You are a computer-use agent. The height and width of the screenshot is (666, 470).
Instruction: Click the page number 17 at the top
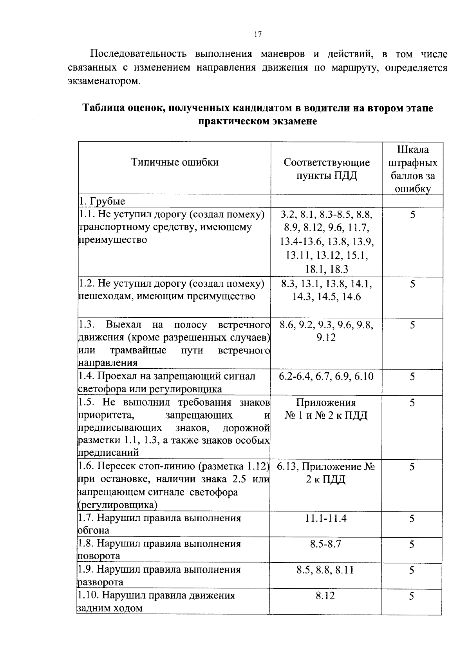click(257, 34)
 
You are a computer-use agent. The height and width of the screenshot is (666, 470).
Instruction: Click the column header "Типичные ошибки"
click(175, 162)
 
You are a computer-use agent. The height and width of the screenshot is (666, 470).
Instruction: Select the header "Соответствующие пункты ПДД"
click(327, 169)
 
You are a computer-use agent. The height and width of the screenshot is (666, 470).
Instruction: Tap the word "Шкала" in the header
click(413, 149)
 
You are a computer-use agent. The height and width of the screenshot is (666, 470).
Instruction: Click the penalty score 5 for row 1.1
click(412, 215)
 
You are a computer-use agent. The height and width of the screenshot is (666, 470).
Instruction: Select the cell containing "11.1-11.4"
click(326, 518)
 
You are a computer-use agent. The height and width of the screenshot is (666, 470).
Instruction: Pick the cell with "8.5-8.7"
click(326, 544)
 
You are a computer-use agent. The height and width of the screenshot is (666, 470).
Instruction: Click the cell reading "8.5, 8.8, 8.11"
click(326, 570)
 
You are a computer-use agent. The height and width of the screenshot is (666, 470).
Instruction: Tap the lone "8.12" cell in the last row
click(325, 596)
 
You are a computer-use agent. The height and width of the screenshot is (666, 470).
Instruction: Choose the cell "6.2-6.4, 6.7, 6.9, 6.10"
click(326, 377)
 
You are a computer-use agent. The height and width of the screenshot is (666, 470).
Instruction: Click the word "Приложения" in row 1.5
click(326, 402)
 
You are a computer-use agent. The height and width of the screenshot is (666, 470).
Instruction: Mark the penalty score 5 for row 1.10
click(412, 596)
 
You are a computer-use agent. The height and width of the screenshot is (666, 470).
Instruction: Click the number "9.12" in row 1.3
click(326, 338)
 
